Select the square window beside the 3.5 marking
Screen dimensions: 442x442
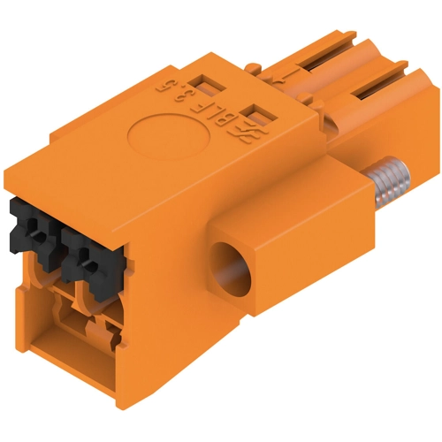click(205, 84)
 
